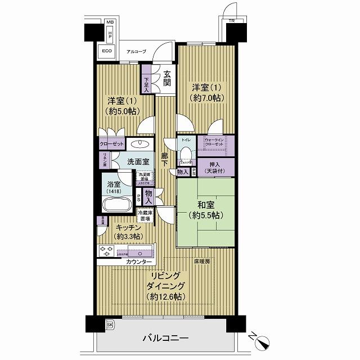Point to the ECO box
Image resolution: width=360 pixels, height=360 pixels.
107,51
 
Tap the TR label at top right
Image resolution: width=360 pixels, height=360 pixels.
231,22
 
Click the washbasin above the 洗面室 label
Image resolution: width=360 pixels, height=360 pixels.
138,143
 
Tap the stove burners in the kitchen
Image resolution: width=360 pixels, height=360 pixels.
107,250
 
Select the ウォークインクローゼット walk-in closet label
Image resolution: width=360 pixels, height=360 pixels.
214,142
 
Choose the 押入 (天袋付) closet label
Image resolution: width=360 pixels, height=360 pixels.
214,167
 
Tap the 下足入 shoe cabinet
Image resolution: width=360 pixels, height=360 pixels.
146,84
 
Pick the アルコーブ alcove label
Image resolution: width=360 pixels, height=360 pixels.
136,52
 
